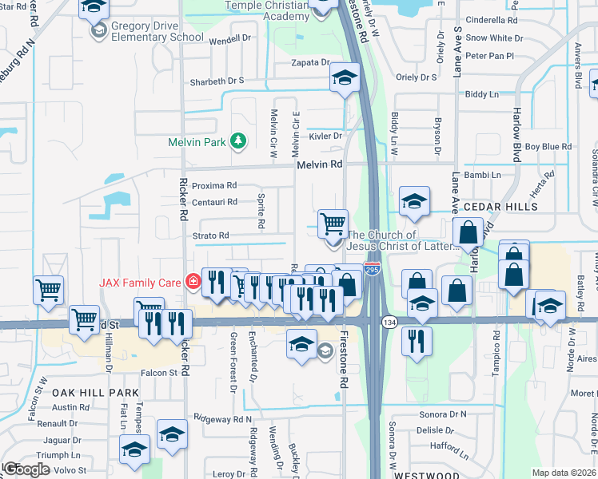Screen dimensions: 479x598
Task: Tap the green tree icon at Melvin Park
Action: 237,141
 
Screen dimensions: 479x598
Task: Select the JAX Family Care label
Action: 139,282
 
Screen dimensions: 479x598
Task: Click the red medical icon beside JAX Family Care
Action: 192,281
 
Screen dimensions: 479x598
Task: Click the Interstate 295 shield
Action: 372,271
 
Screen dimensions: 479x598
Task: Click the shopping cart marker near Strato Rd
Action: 333,223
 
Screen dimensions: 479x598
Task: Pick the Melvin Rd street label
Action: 319,164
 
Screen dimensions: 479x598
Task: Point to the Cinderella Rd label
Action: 491,20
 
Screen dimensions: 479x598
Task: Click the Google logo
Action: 26,469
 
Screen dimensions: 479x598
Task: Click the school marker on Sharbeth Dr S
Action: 345,77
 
